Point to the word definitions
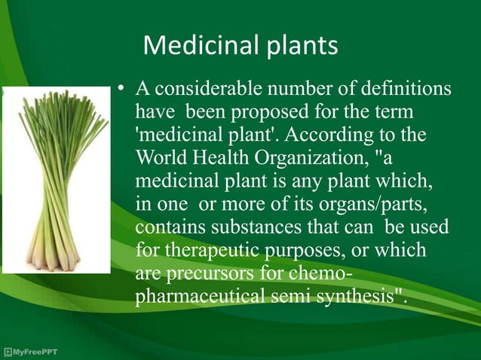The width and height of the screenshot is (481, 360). tap(406, 90)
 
